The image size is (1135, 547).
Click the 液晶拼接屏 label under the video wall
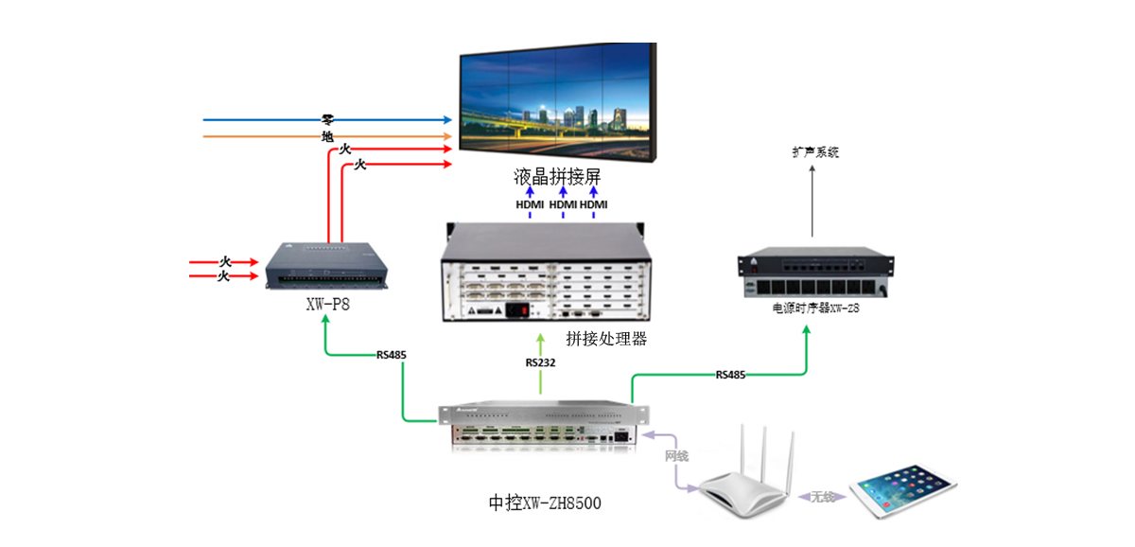pyautogui.click(x=558, y=177)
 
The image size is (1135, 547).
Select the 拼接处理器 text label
pyautogui.click(x=605, y=338)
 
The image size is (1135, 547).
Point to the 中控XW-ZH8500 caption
pyautogui.click(x=540, y=503)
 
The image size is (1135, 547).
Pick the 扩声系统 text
pyautogui.click(x=815, y=151)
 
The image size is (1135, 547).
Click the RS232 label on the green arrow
pyautogui.click(x=540, y=362)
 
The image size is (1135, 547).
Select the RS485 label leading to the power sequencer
pyautogui.click(x=730, y=375)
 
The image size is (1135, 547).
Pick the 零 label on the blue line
pyautogui.click(x=327, y=120)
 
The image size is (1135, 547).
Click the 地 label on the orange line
pyautogui.click(x=327, y=136)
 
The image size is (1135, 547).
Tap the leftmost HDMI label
pyautogui.click(x=530, y=204)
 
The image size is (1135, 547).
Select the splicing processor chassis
pyautogui.click(x=541, y=273)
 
